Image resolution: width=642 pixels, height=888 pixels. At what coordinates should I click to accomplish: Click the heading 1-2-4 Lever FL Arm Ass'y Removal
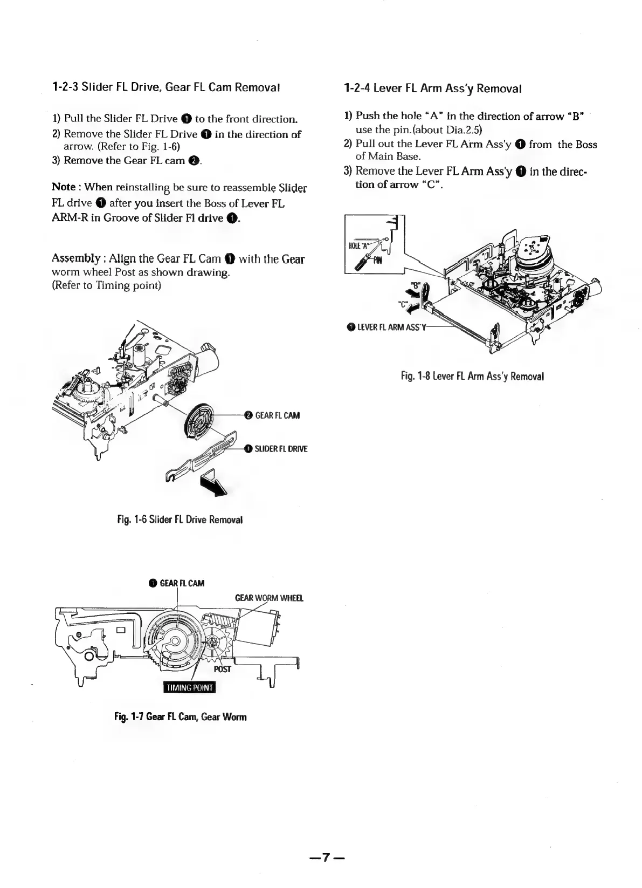pos(432,88)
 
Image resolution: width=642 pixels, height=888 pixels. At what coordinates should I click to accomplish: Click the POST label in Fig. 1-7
pos(222,670)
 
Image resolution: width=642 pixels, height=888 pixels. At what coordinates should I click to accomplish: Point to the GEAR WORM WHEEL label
pos(269,598)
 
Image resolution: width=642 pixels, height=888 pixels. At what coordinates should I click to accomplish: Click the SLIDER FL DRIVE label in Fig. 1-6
pos(281,449)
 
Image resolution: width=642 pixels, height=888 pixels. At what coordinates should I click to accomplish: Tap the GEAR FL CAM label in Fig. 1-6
pos(277,415)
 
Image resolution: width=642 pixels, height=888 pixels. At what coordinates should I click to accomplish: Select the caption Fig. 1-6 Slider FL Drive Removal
pos(180,520)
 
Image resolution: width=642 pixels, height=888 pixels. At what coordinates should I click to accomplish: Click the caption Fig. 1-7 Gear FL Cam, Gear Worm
pos(180,717)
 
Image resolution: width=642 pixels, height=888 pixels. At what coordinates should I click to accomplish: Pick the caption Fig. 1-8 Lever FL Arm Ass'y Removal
pos(472,375)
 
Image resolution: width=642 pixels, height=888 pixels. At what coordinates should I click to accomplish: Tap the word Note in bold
pos(63,187)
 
